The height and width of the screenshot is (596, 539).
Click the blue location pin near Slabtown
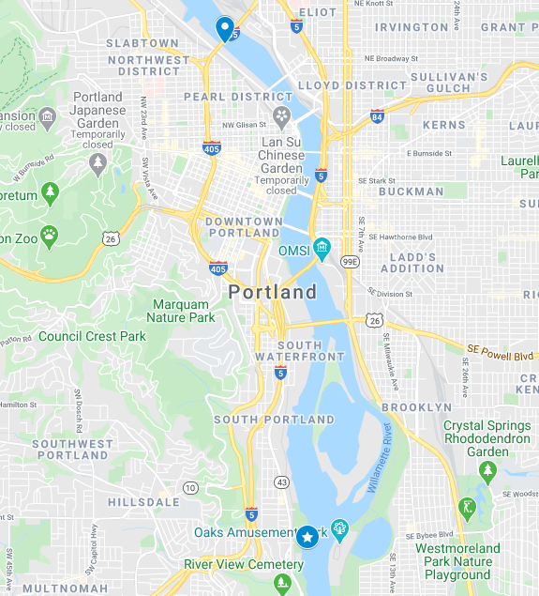[x=225, y=28]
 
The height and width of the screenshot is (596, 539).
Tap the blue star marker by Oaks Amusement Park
[x=307, y=537]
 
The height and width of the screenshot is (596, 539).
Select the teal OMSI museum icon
[x=322, y=250]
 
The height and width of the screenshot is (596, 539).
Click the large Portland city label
[x=273, y=293]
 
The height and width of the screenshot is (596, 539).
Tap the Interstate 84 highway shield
[x=377, y=117]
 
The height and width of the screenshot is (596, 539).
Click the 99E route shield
[x=350, y=261]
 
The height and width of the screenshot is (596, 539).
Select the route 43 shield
[x=280, y=481]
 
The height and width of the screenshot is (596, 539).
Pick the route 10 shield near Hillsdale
[x=190, y=487]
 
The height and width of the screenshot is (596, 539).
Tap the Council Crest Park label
[x=92, y=336]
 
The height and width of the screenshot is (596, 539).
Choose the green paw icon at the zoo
[x=49, y=235]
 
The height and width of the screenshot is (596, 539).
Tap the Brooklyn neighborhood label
[x=416, y=407]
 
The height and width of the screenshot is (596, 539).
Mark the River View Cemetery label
[x=244, y=564]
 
